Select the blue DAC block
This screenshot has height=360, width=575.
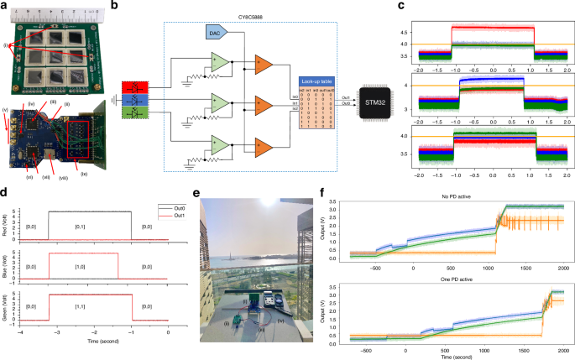tap(214, 30)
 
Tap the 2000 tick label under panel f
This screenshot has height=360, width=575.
tap(563, 344)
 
